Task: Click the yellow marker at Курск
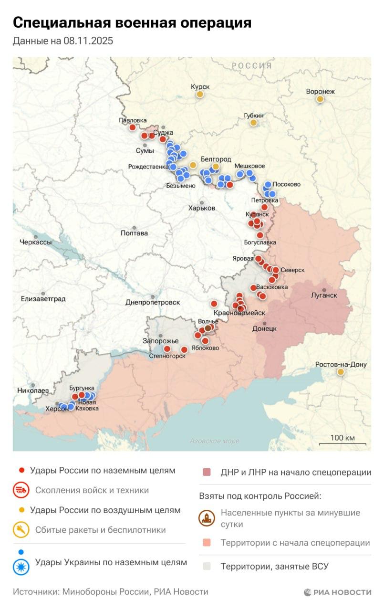pyautogui.click(x=200, y=95)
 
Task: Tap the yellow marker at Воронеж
pyautogui.click(x=320, y=99)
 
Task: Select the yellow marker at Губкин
pyautogui.click(x=253, y=123)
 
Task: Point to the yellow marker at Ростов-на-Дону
pyautogui.click(x=341, y=372)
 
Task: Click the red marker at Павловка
pyautogui.click(x=133, y=127)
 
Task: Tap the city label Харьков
pyautogui.click(x=202, y=208)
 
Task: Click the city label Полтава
pyautogui.click(x=135, y=233)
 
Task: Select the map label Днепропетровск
pyautogui.click(x=153, y=302)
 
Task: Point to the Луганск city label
pyautogui.click(x=324, y=295)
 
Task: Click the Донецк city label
pyautogui.click(x=264, y=328)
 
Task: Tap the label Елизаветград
pyautogui.click(x=43, y=299)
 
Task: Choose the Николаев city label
pyautogui.click(x=32, y=390)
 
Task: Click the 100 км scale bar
pyautogui.click(x=342, y=443)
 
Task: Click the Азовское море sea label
pyautogui.click(x=214, y=441)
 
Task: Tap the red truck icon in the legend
pyautogui.click(x=21, y=490)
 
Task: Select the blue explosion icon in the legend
pyautogui.click(x=21, y=567)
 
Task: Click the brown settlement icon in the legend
pyautogui.click(x=207, y=518)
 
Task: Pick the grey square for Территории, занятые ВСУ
pyautogui.click(x=207, y=567)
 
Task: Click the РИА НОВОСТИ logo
pyautogui.click(x=337, y=592)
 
